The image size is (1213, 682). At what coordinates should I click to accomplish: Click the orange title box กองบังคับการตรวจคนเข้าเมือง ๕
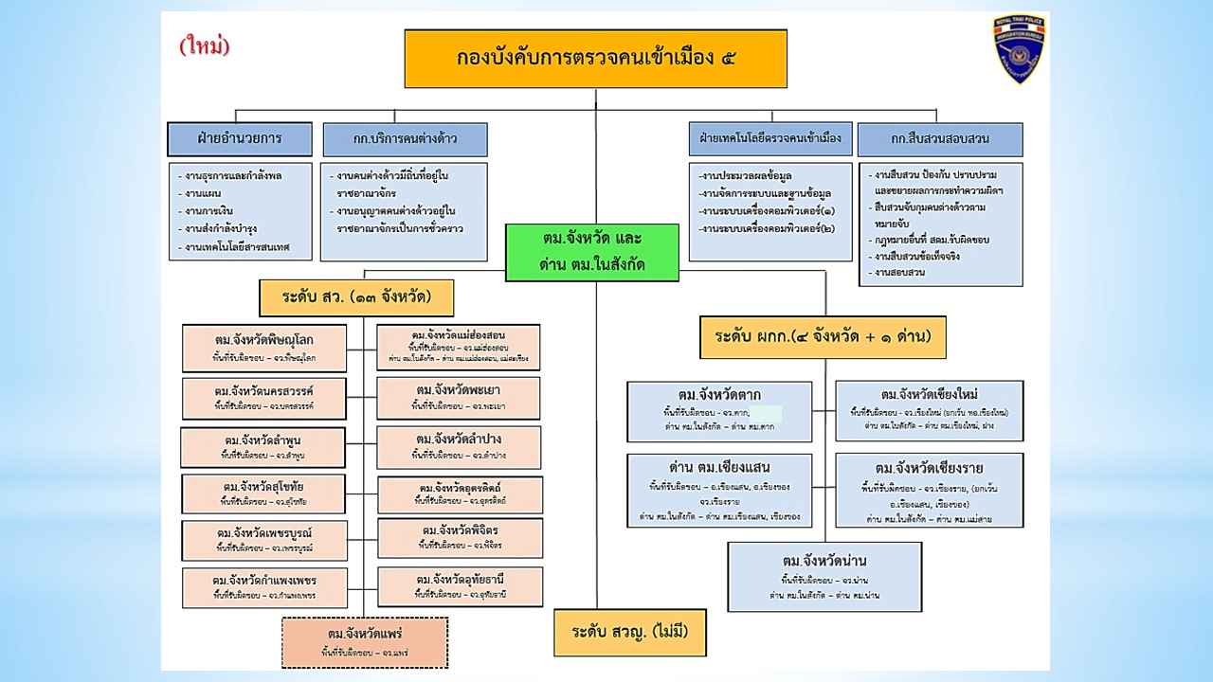coord(595,59)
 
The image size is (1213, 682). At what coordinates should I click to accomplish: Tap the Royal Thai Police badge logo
coord(1019,49)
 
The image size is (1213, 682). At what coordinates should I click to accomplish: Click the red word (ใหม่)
coord(205,45)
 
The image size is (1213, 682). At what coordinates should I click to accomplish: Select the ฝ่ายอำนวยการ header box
coord(240,138)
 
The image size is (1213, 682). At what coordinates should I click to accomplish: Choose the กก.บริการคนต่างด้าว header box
coord(405,139)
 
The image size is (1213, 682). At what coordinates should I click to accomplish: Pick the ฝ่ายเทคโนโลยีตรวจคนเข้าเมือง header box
coord(769,138)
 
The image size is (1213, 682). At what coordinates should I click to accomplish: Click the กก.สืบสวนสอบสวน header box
coord(940,139)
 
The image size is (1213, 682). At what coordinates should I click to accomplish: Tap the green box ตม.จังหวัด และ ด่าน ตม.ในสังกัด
coord(592,253)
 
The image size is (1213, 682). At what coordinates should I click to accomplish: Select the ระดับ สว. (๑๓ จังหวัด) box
coord(356,297)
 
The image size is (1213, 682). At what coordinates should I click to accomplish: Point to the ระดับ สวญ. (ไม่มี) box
coord(630,632)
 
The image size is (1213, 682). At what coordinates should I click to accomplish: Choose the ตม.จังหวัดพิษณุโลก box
coord(264,347)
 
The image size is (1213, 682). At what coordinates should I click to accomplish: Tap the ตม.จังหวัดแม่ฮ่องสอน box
coord(459,347)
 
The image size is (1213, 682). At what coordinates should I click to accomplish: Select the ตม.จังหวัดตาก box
coord(719,410)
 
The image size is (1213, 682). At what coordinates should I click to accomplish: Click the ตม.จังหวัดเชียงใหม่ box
coord(929,410)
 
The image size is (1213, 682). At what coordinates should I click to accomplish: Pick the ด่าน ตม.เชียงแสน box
coord(719,490)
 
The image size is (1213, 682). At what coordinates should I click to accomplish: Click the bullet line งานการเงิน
coord(210,209)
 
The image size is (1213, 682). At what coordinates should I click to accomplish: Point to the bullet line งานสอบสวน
coord(900,272)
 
